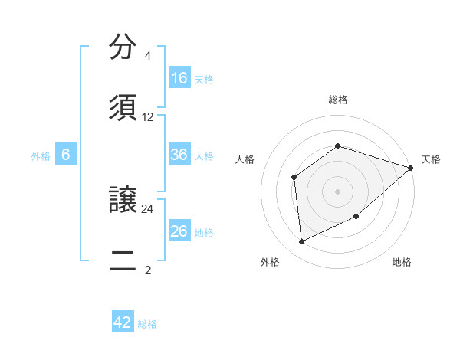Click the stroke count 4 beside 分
click(147, 56)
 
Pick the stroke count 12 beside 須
click(148, 117)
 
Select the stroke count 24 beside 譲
click(148, 208)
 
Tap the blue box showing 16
click(179, 78)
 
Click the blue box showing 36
click(179, 155)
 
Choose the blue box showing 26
click(179, 231)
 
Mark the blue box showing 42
click(123, 322)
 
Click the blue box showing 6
click(66, 155)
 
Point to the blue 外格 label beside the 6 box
click(41, 155)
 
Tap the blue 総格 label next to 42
click(147, 324)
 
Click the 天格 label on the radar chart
click(431, 159)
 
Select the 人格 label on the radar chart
click(245, 159)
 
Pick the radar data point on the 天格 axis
click(411, 168)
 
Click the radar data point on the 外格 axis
click(302, 242)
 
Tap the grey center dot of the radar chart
click(337, 191)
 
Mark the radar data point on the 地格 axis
click(356, 217)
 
